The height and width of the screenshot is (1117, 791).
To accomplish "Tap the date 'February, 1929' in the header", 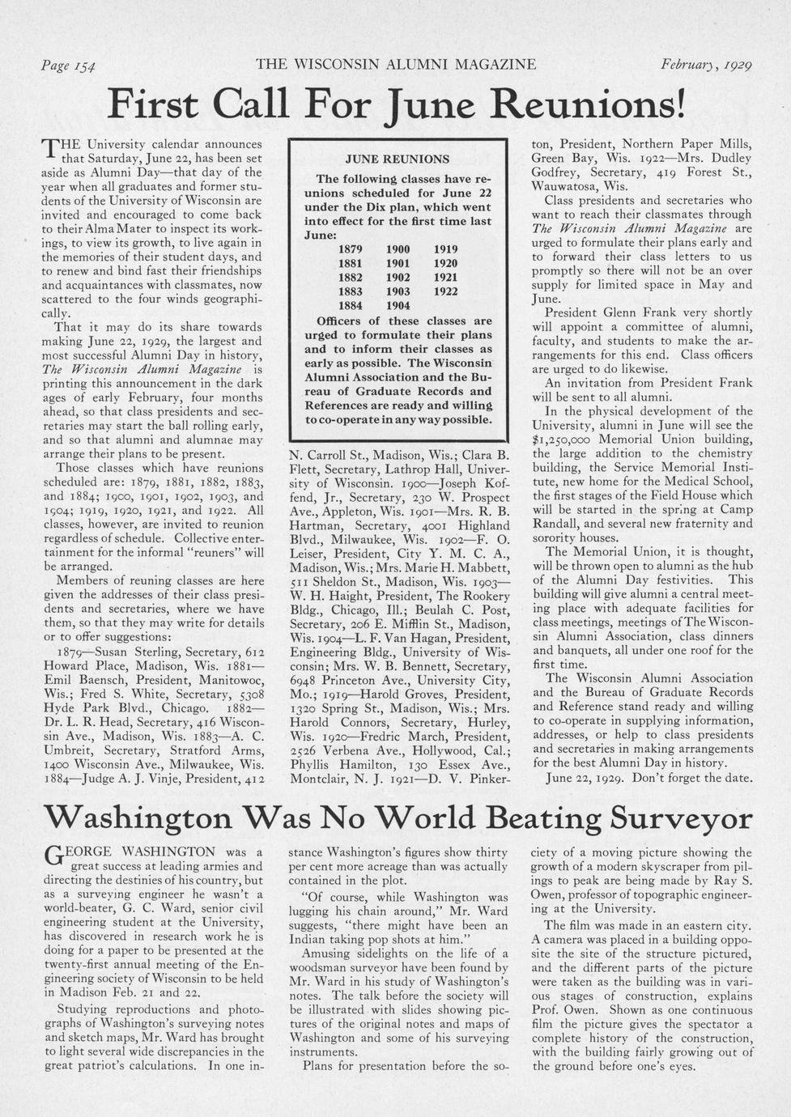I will pyautogui.click(x=706, y=64).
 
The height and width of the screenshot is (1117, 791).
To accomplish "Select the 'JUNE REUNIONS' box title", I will pyautogui.click(x=397, y=159).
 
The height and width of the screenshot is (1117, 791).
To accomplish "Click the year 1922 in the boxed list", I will pyautogui.click(x=445, y=291).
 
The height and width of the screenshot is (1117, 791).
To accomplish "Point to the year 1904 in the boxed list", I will pyautogui.click(x=398, y=306).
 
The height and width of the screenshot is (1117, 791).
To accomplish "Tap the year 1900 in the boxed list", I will pyautogui.click(x=398, y=249).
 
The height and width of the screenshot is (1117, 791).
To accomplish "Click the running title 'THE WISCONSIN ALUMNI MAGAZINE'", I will pyautogui.click(x=395, y=64).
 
